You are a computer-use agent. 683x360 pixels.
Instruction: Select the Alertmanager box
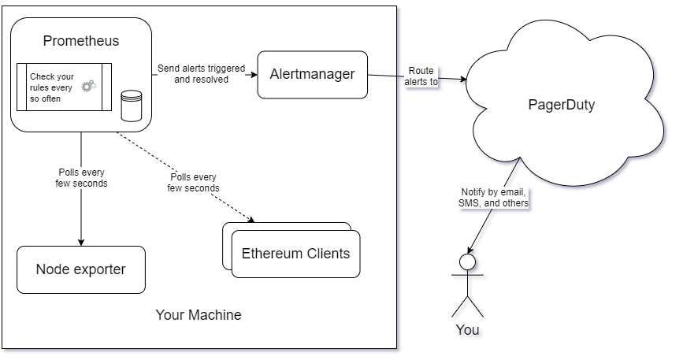coord(312,75)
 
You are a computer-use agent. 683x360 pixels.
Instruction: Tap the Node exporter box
coord(80,269)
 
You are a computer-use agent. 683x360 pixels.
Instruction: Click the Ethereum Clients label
coord(295,254)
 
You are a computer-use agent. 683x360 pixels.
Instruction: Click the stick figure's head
coord(467,261)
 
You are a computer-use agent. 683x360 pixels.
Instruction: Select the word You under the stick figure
coord(467,329)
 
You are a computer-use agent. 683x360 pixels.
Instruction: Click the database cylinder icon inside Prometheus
coord(132,106)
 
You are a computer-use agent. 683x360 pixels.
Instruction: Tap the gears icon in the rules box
coord(89,85)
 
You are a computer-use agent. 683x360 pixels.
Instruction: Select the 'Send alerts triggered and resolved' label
coord(201,74)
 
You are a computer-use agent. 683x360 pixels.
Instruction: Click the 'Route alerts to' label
coord(421,76)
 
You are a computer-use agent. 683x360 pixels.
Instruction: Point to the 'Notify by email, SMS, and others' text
coord(494,198)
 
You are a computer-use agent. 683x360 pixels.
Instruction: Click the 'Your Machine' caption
coord(198,315)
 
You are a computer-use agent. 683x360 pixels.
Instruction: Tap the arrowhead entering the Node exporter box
coord(80,242)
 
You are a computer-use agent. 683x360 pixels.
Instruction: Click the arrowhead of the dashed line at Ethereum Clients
coord(253,220)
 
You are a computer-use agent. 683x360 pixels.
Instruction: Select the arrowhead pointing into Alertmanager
coord(254,75)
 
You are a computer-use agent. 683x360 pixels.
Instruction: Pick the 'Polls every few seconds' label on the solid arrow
coord(83,177)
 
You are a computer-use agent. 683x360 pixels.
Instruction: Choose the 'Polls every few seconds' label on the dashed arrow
coord(193,182)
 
